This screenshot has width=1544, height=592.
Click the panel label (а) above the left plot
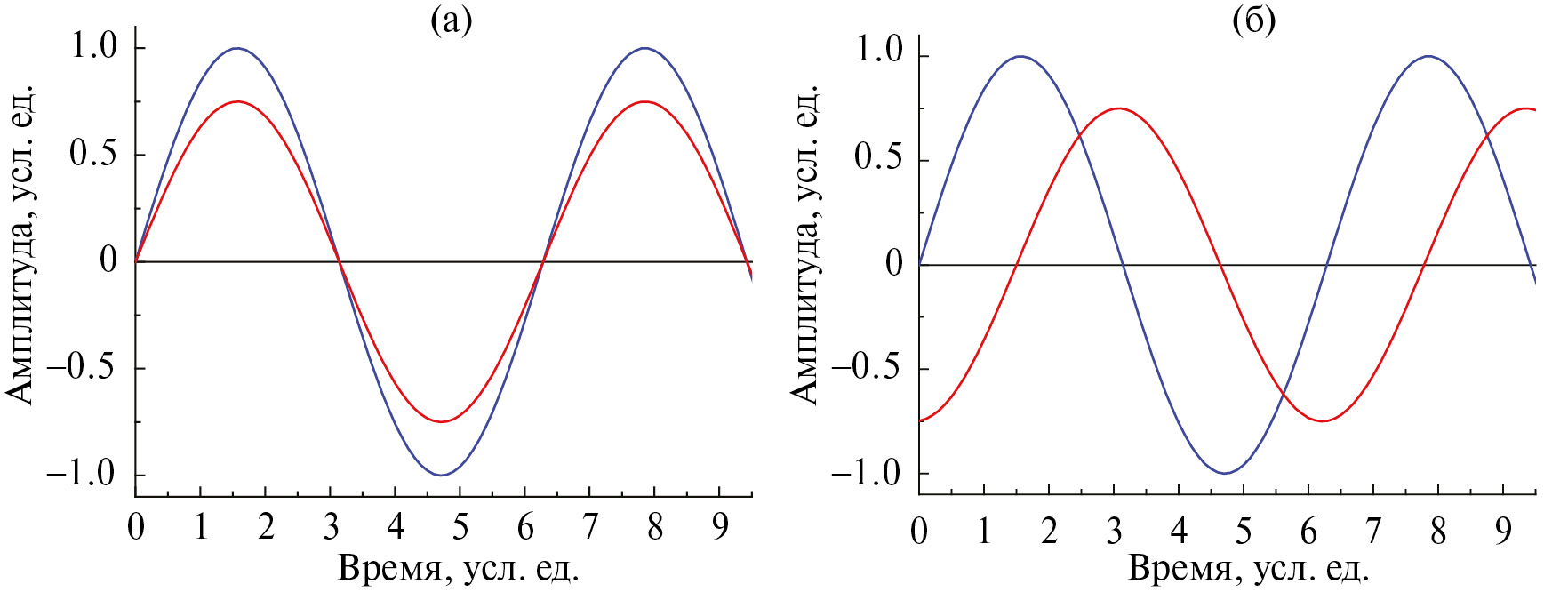pyautogui.click(x=451, y=19)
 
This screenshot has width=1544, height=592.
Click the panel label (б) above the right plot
pyautogui.click(x=1253, y=20)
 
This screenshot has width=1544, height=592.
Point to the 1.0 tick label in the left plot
pyautogui.click(x=95, y=46)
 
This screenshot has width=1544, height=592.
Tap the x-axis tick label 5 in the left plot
pyautogui.click(x=460, y=528)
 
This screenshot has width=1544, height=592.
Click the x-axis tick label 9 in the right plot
pyautogui.click(x=1502, y=532)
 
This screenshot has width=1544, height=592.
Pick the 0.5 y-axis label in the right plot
pyautogui.click(x=878, y=158)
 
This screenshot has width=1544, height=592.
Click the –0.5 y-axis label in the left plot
pyautogui.click(x=81, y=367)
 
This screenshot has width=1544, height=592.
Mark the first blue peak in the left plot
pyautogui.click(x=236, y=48)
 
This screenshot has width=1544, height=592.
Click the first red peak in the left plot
pyautogui.click(x=237, y=101)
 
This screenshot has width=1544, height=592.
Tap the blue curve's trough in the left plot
pyautogui.click(x=441, y=476)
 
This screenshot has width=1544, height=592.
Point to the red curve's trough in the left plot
pyautogui.click(x=441, y=421)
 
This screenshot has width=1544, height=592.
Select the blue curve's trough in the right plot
pyautogui.click(x=1225, y=473)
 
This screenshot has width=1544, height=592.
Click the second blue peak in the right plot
pyautogui.click(x=1428, y=56)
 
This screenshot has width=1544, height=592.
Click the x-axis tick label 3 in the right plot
pyautogui.click(x=1114, y=532)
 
